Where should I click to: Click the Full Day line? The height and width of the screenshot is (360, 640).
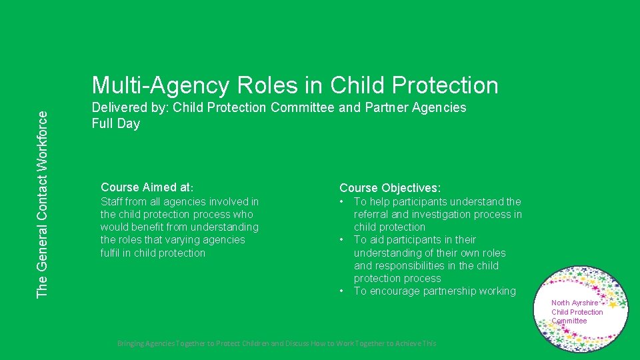116,124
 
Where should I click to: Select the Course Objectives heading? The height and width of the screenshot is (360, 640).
390,189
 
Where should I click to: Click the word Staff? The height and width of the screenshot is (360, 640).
112,201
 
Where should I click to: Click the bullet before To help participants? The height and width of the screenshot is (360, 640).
342,201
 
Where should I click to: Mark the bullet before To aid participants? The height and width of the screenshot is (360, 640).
342,240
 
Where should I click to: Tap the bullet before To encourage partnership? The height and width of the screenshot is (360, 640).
342,291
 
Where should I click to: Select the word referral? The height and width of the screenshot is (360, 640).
371,215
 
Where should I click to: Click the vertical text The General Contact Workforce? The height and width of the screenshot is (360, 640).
42,204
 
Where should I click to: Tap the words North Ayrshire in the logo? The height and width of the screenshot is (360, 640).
575,303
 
